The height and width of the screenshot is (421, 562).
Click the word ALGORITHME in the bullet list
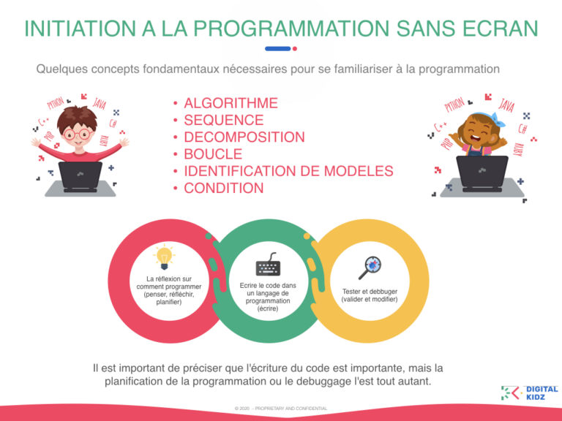pos(231,103)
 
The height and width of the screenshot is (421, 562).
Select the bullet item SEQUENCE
pos(223,120)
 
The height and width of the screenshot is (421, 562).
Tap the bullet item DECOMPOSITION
pos(244,137)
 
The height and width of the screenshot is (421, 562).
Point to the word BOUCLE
pos(213,154)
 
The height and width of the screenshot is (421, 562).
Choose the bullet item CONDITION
pos(224,188)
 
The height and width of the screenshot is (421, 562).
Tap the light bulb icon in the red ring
pos(165,256)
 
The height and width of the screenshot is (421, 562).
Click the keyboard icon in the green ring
pos(268,264)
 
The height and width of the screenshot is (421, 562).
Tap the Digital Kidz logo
pos(528,392)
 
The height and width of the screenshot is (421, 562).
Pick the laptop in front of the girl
pos(482,172)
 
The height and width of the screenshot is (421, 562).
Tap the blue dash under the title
pos(278,49)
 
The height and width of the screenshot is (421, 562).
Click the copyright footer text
pos(280,408)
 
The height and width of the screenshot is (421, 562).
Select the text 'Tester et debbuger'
pos(370,291)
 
